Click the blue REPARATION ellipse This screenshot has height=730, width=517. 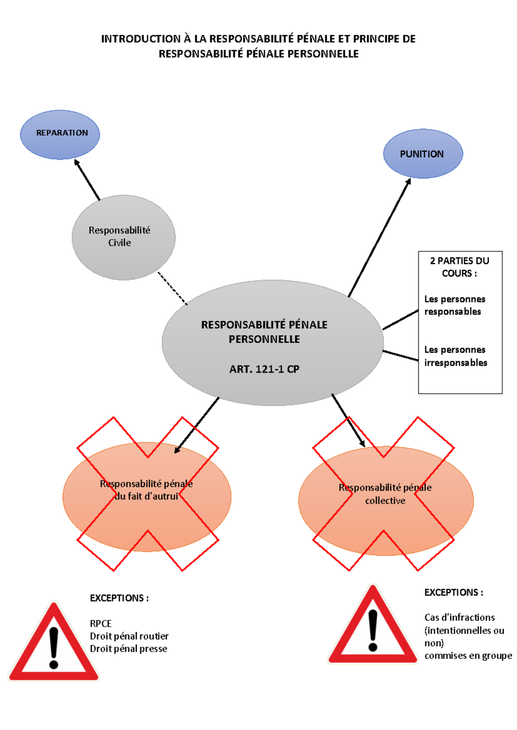point(60,134)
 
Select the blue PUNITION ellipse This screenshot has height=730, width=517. point(423,154)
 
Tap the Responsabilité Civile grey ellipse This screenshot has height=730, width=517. point(123,237)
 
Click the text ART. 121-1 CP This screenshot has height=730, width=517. point(264,369)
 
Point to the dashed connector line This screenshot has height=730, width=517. point(172,288)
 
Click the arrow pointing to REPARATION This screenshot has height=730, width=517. point(87,180)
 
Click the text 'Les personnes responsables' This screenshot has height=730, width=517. point(455,305)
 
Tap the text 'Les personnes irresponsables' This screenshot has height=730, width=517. point(455,356)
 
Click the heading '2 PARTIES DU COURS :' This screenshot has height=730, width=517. point(459,267)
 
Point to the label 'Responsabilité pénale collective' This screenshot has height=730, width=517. point(385,494)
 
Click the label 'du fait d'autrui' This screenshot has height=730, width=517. point(146,496)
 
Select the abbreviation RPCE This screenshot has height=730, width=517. point(100,623)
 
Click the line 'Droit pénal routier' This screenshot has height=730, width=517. point(129,636)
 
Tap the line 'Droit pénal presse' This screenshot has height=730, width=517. point(128,649)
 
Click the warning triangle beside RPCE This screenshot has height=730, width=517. point(54,646)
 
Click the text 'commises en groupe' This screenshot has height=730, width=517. point(468,656)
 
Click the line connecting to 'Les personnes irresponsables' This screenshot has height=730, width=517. point(401,356)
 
